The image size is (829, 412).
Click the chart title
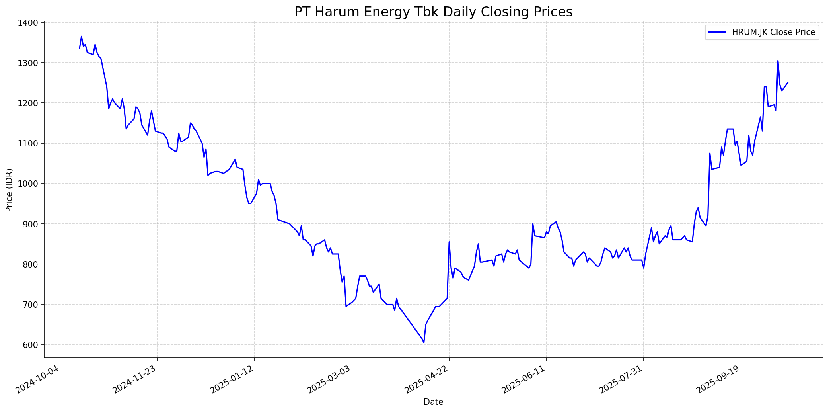pos(433,12)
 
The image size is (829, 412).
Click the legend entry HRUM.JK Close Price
pos(773,32)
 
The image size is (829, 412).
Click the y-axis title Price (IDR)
pos(9,190)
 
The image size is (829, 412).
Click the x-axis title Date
pos(433,402)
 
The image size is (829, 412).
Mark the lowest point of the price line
pos(424,342)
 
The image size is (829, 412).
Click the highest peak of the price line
pos(82,37)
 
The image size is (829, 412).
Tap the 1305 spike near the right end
pos(778,61)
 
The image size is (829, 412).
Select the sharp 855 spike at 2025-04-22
pos(449,242)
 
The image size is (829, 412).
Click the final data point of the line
pos(788,83)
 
